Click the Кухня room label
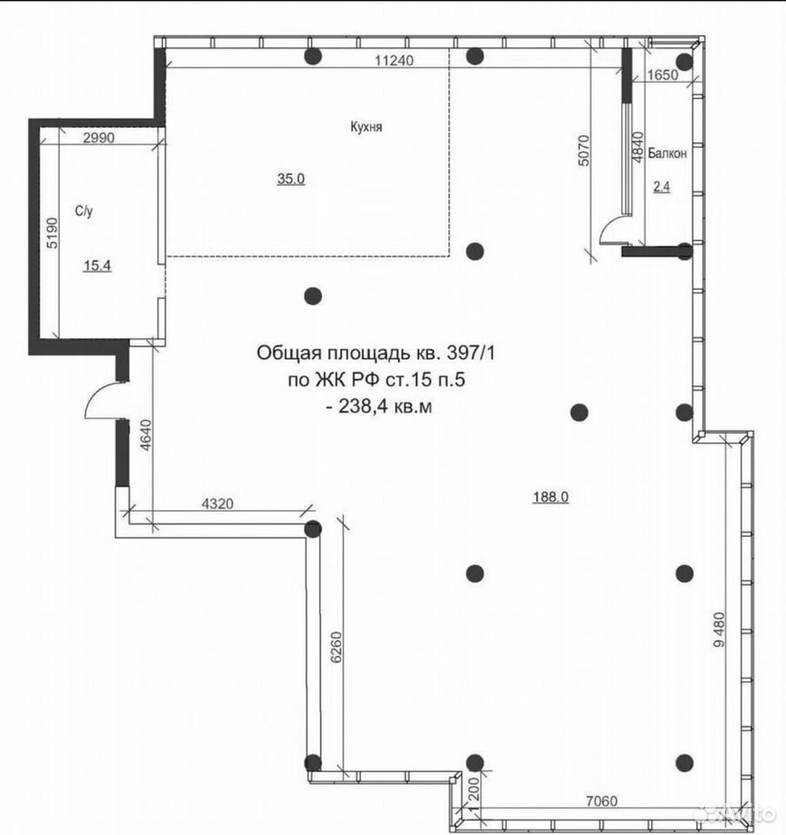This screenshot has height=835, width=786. tap(366, 127)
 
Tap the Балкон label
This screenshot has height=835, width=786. tap(667, 153)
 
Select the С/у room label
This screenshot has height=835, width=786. tap(84, 211)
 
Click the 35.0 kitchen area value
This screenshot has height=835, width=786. tap(291, 179)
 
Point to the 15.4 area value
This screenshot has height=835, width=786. tap(97, 265)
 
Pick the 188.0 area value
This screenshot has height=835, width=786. tap(551, 497)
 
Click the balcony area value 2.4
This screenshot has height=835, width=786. tap(662, 186)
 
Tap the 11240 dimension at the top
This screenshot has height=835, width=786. tap(393, 60)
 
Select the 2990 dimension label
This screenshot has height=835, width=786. tap(98, 138)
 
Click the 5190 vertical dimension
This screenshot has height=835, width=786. tap(51, 233)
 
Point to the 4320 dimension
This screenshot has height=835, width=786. tap(218, 504)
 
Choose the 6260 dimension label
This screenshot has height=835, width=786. tap(336, 647)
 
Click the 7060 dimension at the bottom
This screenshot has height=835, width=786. tap(601, 800)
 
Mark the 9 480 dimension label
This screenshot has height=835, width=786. tap(719, 630)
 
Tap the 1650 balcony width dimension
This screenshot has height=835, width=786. tap(663, 75)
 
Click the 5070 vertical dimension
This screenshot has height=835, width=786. tap(584, 150)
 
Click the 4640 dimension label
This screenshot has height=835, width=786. tap(146, 435)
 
